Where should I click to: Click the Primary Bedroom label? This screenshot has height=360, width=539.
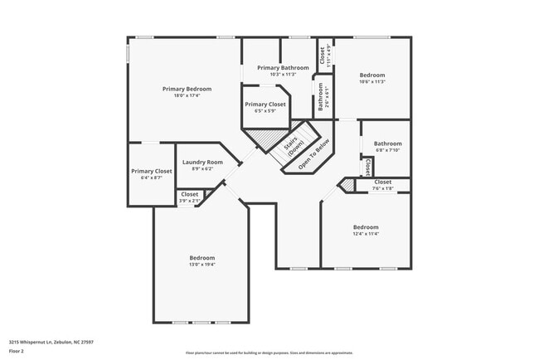[x=187, y=89]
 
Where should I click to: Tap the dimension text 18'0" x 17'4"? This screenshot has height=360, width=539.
[x=187, y=95]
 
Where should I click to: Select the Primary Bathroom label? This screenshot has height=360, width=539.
[x=283, y=67]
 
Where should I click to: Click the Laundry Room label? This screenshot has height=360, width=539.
[x=202, y=162]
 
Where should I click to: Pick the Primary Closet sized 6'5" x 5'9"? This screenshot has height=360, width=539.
[x=265, y=105]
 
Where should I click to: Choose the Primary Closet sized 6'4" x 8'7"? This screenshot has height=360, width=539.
[x=152, y=171]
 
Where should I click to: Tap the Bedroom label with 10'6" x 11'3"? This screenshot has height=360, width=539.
[x=371, y=75]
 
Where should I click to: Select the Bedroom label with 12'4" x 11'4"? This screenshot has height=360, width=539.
[x=366, y=227]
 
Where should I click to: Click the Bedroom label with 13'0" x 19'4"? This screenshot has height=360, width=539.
[x=202, y=258]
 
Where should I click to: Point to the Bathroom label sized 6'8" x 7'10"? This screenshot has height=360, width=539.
[x=387, y=144]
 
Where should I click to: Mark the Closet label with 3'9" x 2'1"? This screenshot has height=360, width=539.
[x=190, y=194]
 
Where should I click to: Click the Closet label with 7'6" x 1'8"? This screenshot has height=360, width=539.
[x=383, y=182]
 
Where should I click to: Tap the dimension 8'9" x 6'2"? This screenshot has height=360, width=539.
[x=202, y=168]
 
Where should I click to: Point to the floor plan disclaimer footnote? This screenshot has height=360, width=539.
[x=269, y=352]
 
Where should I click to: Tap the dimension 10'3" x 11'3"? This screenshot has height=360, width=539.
[x=283, y=74]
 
